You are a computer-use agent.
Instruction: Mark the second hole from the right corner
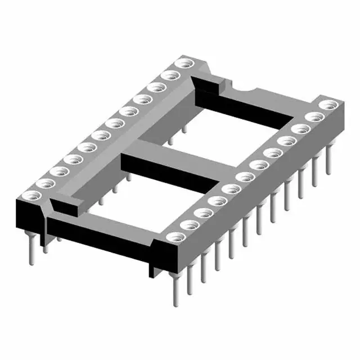[x=314, y=116]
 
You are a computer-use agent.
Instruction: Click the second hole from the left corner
[x=42, y=184]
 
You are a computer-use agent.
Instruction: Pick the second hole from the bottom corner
[x=188, y=226]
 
